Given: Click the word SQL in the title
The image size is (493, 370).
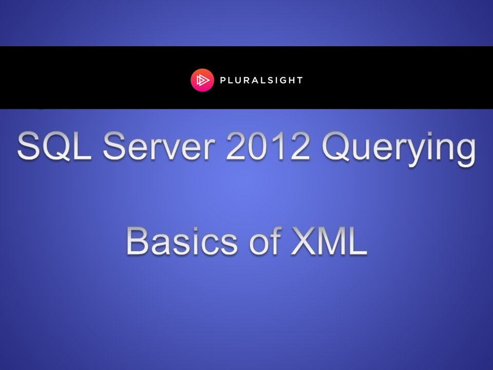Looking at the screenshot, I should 52,147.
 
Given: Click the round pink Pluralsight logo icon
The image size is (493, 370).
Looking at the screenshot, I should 202,80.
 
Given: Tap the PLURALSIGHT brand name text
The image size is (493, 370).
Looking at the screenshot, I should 261,80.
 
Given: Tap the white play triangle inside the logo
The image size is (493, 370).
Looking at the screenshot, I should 202,80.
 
